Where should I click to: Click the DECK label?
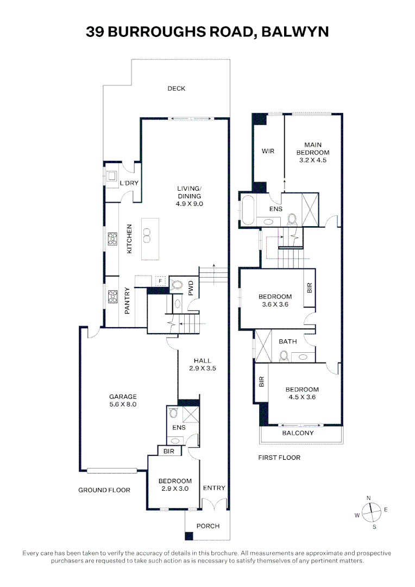[176, 89]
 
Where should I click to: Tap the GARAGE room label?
[123, 396]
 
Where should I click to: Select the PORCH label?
[208, 526]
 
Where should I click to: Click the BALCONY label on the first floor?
[298, 433]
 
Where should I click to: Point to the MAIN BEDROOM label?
[313, 148]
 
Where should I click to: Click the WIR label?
[268, 151]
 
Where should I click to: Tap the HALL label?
[203, 360]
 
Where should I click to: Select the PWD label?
[191, 288]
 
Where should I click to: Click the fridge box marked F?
[160, 281]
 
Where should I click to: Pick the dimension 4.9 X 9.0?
[190, 204]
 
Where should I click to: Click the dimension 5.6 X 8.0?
[123, 404]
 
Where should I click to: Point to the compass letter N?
[369, 498]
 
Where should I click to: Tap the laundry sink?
[111, 176]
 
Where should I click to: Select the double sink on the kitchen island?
[146, 235]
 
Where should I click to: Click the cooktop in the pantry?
[112, 297]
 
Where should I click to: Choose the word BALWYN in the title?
[295, 32]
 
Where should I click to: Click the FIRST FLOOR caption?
[279, 458]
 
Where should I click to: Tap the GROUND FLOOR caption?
[104, 490]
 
